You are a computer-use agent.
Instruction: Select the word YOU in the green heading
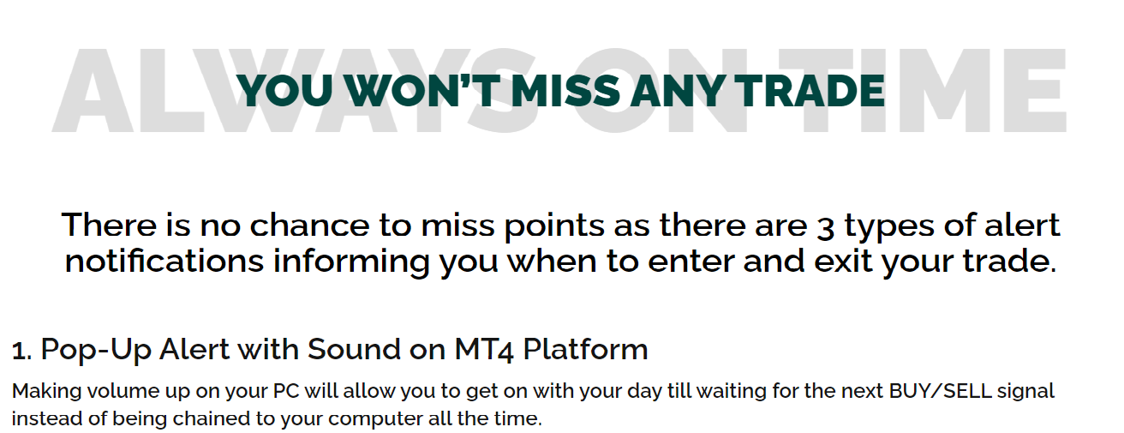pos(284,91)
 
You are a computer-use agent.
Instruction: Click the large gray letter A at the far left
pos(93,90)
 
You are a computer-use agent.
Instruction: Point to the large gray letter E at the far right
pos(1035,90)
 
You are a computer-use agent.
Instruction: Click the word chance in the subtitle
pos(309,225)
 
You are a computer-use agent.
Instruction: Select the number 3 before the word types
pos(826,227)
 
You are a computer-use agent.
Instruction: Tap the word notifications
pos(164,262)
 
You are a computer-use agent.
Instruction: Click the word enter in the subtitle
pos(691,262)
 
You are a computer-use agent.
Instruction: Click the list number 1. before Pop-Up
pos(22,351)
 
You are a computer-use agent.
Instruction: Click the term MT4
pos(484,350)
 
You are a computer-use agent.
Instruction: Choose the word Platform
pos(585,349)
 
